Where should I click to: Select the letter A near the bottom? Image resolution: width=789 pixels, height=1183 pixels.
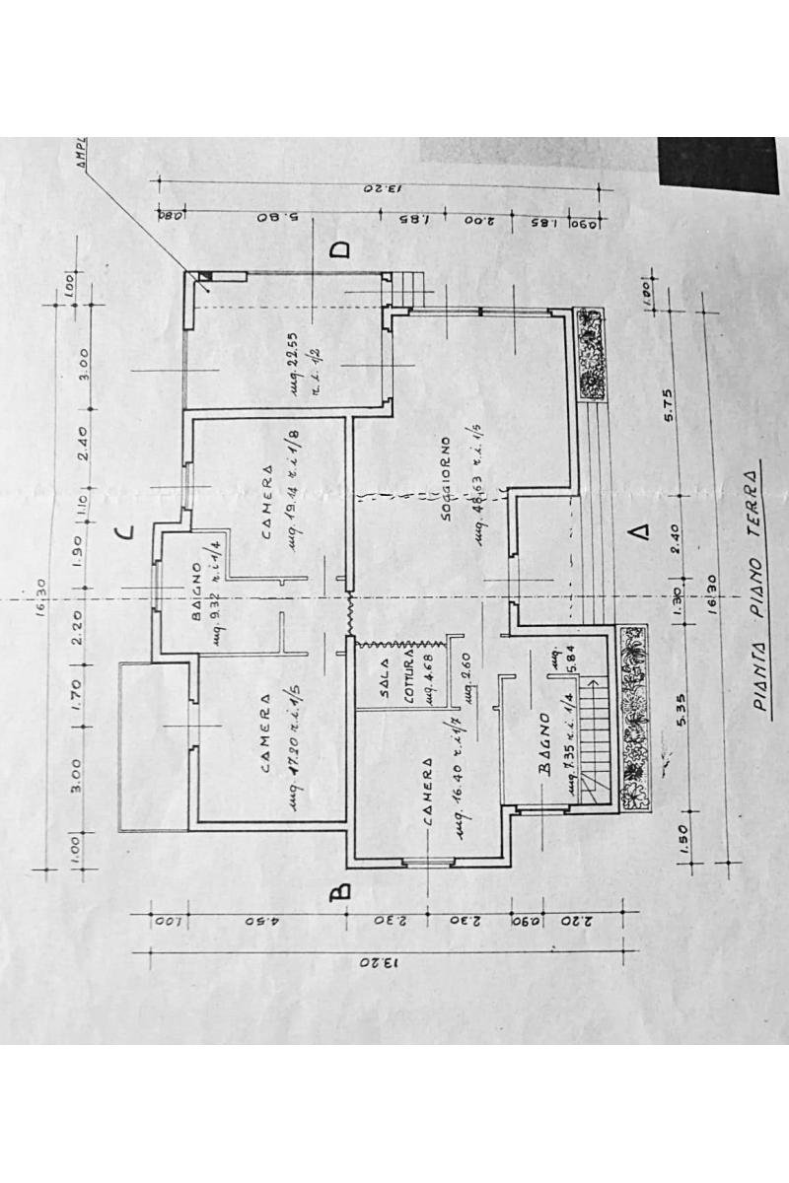click(x=641, y=533)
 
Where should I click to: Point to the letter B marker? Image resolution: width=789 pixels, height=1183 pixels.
click(x=338, y=892)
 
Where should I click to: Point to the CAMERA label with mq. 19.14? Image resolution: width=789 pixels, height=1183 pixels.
click(x=267, y=502)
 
